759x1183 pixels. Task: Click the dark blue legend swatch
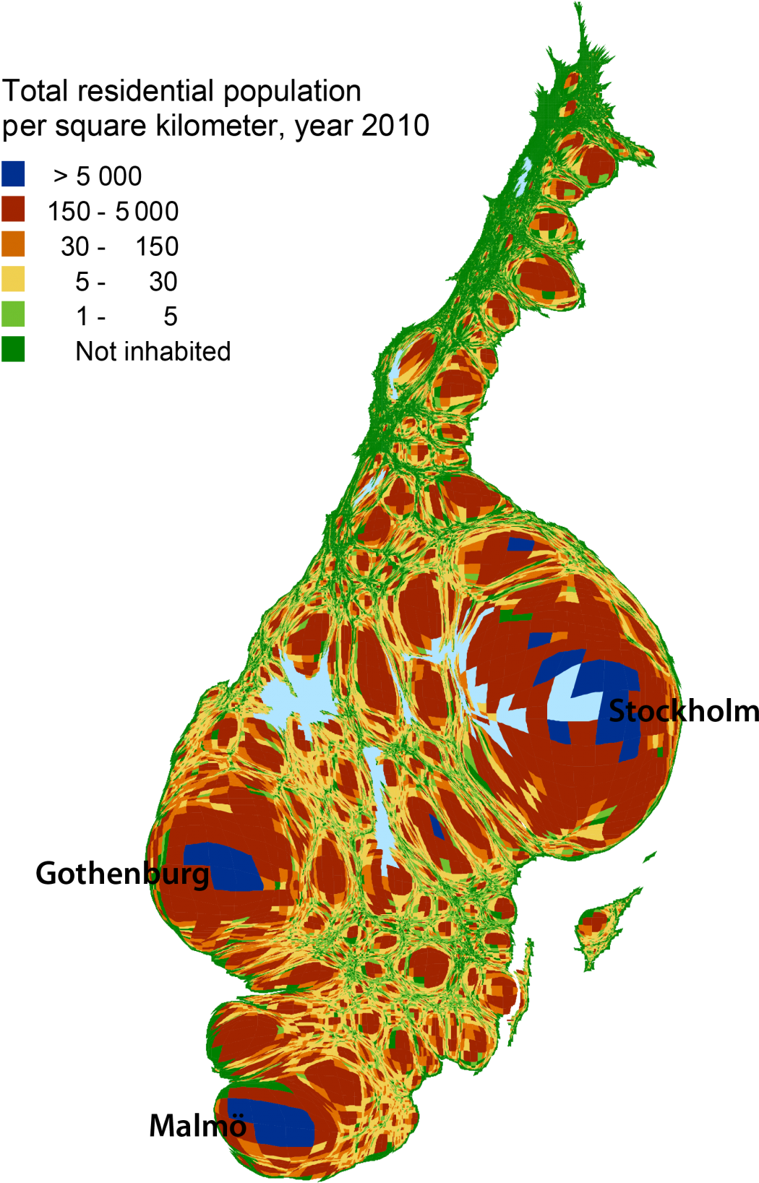13,173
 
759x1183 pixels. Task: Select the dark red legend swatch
13,208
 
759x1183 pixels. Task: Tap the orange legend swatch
13,244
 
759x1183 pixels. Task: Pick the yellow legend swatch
13,278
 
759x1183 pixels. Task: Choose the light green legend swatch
13,314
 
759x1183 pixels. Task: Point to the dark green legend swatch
13,348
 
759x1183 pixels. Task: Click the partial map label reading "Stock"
646,712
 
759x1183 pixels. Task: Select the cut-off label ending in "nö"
230,1127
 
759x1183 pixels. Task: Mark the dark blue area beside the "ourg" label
224,867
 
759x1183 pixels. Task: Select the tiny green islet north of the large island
650,857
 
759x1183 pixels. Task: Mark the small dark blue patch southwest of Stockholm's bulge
437,826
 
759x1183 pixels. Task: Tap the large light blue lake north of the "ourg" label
296,697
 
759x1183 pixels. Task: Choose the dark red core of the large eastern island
593,922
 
